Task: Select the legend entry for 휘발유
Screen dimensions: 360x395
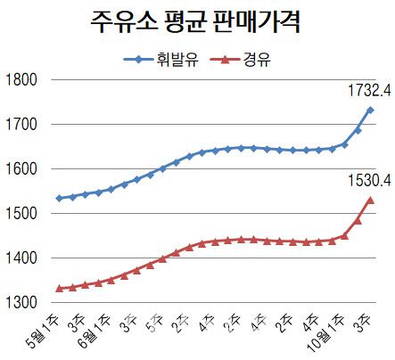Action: point(155,60)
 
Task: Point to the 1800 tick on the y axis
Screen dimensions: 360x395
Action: point(19,80)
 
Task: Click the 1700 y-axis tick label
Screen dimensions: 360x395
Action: point(19,125)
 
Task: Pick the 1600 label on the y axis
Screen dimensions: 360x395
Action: point(19,169)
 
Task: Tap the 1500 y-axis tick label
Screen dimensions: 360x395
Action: point(19,214)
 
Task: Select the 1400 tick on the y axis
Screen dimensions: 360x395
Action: point(19,258)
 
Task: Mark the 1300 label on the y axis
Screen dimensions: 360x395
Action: point(19,303)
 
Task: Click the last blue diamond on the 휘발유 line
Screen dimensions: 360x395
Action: point(370,110)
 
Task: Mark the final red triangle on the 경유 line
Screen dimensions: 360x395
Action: point(370,200)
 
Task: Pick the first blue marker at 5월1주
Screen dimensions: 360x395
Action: point(59,198)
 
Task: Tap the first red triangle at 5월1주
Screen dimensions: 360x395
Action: point(59,288)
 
